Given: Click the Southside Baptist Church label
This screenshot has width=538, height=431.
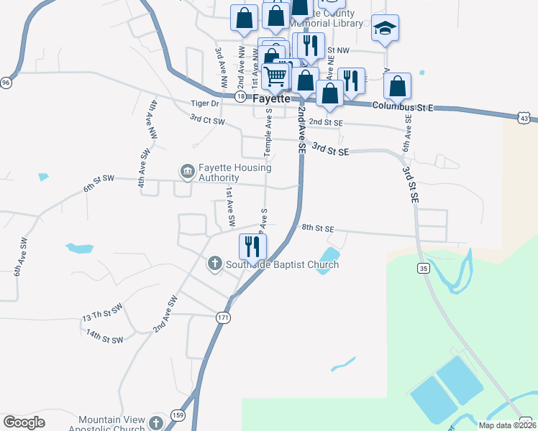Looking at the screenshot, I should [x=282, y=265].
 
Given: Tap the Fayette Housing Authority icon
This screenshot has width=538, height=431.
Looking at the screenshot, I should [x=187, y=171].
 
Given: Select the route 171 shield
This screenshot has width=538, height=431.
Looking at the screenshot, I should [x=224, y=317].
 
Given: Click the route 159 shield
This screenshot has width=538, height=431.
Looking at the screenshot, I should [x=178, y=415].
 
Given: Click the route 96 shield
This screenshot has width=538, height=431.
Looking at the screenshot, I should [x=6, y=83].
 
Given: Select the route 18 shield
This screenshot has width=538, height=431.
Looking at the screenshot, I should [x=240, y=96].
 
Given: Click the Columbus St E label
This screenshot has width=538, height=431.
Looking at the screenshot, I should [x=403, y=106].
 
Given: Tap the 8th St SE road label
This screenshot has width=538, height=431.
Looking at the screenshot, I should [x=319, y=228].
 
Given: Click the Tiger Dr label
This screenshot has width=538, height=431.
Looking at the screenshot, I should [x=204, y=103].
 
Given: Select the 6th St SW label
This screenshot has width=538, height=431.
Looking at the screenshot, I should [x=99, y=182].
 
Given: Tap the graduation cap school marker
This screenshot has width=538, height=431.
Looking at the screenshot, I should [x=385, y=27].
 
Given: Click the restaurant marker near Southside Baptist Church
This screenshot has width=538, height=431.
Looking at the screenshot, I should [x=252, y=246].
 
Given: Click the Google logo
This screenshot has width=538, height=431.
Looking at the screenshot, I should [x=24, y=422].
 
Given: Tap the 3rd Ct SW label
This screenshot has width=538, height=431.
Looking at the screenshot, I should [x=207, y=120].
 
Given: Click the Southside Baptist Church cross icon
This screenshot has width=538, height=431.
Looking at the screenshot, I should [x=214, y=264].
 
